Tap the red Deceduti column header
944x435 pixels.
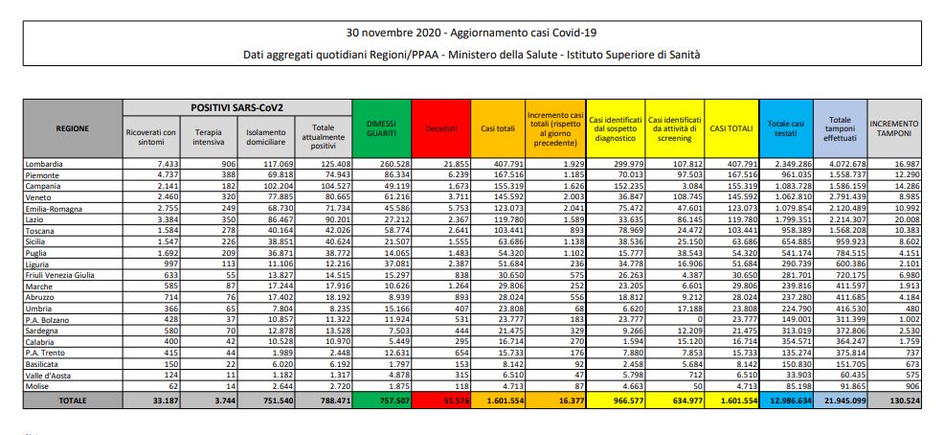click(x=440, y=126)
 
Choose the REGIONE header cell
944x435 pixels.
click(x=73, y=126)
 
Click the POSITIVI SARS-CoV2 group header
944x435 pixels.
click(x=236, y=106)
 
